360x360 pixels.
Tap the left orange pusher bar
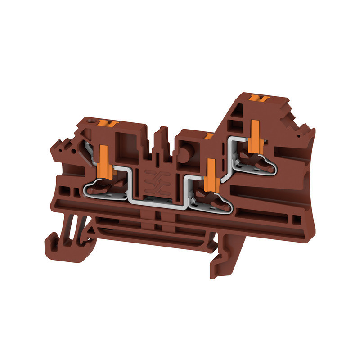[x=103, y=161]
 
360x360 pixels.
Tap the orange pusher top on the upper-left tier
[x=107, y=123]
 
